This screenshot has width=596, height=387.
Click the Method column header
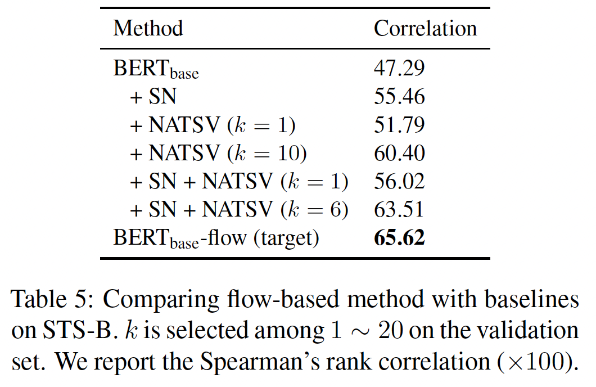coord(148,28)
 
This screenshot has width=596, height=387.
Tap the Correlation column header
coord(425,28)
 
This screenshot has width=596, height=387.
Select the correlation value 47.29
coord(399,69)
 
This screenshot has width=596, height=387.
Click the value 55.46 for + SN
coord(399,97)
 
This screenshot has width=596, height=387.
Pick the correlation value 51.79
coord(399,125)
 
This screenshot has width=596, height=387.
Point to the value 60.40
coord(399,153)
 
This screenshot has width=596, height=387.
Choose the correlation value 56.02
coord(399,182)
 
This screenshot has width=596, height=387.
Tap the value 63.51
coord(399,210)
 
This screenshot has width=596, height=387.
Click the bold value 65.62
coord(399,238)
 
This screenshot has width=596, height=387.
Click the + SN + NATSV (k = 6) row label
coord(239,210)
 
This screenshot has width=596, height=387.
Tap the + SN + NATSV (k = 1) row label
coord(239,182)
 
